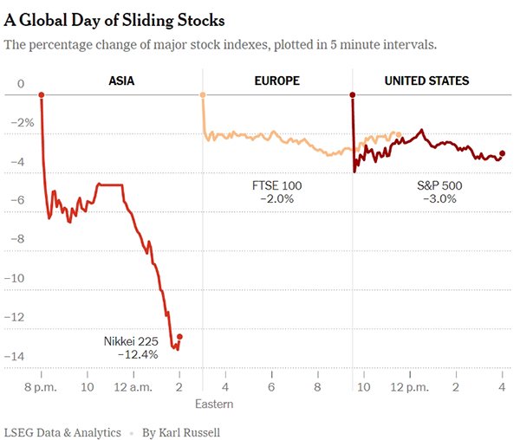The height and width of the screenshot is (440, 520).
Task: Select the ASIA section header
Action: pyautogui.click(x=121, y=81)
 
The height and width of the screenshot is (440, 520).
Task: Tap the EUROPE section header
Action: pyautogui.click(x=278, y=81)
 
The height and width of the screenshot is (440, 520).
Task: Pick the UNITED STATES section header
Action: pyautogui.click(x=426, y=81)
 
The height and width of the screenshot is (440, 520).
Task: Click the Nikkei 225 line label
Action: pyautogui.click(x=131, y=340)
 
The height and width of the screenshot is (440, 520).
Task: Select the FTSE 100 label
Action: pyautogui.click(x=277, y=185)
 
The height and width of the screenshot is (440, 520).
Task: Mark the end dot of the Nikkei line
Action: pyautogui.click(x=179, y=336)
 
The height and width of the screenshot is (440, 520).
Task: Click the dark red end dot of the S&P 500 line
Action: pyautogui.click(x=503, y=153)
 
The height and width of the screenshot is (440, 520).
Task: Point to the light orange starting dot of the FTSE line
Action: pyautogui.click(x=202, y=94)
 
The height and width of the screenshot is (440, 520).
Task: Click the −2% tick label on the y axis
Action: pyautogui.click(x=21, y=123)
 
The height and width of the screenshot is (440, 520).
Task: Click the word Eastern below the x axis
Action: pyautogui.click(x=213, y=404)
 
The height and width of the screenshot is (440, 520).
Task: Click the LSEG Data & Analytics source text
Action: pyautogui.click(x=61, y=431)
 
